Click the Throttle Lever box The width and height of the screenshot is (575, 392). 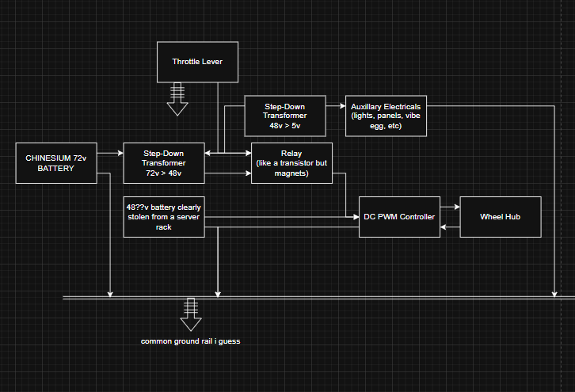pos(198,61)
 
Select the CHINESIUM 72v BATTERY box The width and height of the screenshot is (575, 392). pos(55,163)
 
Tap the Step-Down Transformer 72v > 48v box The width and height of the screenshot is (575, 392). pos(163,163)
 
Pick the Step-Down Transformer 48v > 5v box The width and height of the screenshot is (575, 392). pos(284,115)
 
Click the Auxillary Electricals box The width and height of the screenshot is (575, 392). pos(386,116)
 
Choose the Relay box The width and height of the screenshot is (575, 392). pos(291,163)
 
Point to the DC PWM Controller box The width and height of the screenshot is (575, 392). pos(398,216)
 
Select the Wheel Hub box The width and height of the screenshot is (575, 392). pos(501,216)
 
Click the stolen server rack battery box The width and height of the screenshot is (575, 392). pos(163,216)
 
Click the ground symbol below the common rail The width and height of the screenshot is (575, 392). pos(190,315)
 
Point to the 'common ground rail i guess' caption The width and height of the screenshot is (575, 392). pos(190,341)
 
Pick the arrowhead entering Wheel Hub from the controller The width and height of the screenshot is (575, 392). pos(456,207)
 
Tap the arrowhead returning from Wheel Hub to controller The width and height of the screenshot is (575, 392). pos(444,227)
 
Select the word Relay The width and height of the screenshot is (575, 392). pos(291,154)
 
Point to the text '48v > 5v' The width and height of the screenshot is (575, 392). pos(284,125)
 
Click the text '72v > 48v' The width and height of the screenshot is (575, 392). pos(163,173)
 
